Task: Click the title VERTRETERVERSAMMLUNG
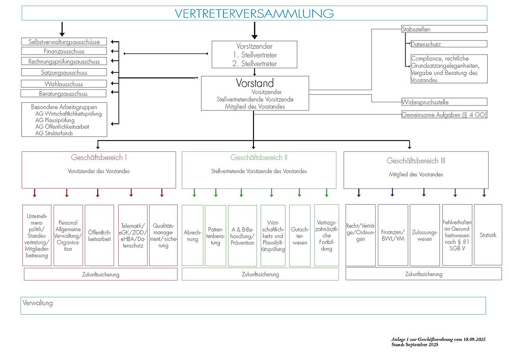pos(254,13)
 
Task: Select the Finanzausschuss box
pos(64,51)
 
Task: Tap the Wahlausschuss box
pos(64,84)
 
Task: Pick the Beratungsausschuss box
pos(64,94)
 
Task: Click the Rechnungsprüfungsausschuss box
pos(64,62)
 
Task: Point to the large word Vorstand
pos(254,83)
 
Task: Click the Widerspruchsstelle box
pos(444,102)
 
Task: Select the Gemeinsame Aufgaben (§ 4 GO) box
pos(444,115)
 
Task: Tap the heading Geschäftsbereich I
pos(99,158)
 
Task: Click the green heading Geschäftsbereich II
pos(259,158)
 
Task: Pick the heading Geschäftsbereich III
pos(416,161)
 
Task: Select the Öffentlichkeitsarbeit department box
pos(99,235)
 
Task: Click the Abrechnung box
pos(192,235)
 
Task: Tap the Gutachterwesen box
pos(299,235)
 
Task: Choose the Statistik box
pos(488,235)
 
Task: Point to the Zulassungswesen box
pos(424,235)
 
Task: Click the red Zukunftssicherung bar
pos(100,274)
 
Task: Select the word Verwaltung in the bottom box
pos(38,303)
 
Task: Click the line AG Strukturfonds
pos(54,133)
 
